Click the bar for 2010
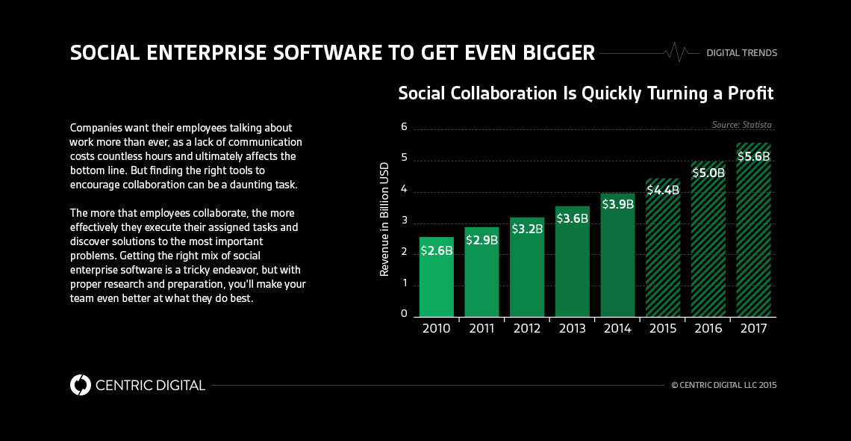point(436,277)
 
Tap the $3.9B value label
point(617,204)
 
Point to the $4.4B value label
point(663,190)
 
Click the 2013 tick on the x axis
point(572,328)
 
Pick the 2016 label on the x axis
point(708,328)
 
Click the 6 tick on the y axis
point(404,127)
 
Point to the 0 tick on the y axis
point(404,314)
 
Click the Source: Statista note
point(741,125)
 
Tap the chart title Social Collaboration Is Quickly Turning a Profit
point(585,93)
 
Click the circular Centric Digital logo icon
point(80,385)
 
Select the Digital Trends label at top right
point(741,53)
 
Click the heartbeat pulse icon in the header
point(676,52)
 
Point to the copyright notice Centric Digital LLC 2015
point(723,386)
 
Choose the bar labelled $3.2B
point(526,266)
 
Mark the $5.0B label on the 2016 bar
point(708,173)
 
